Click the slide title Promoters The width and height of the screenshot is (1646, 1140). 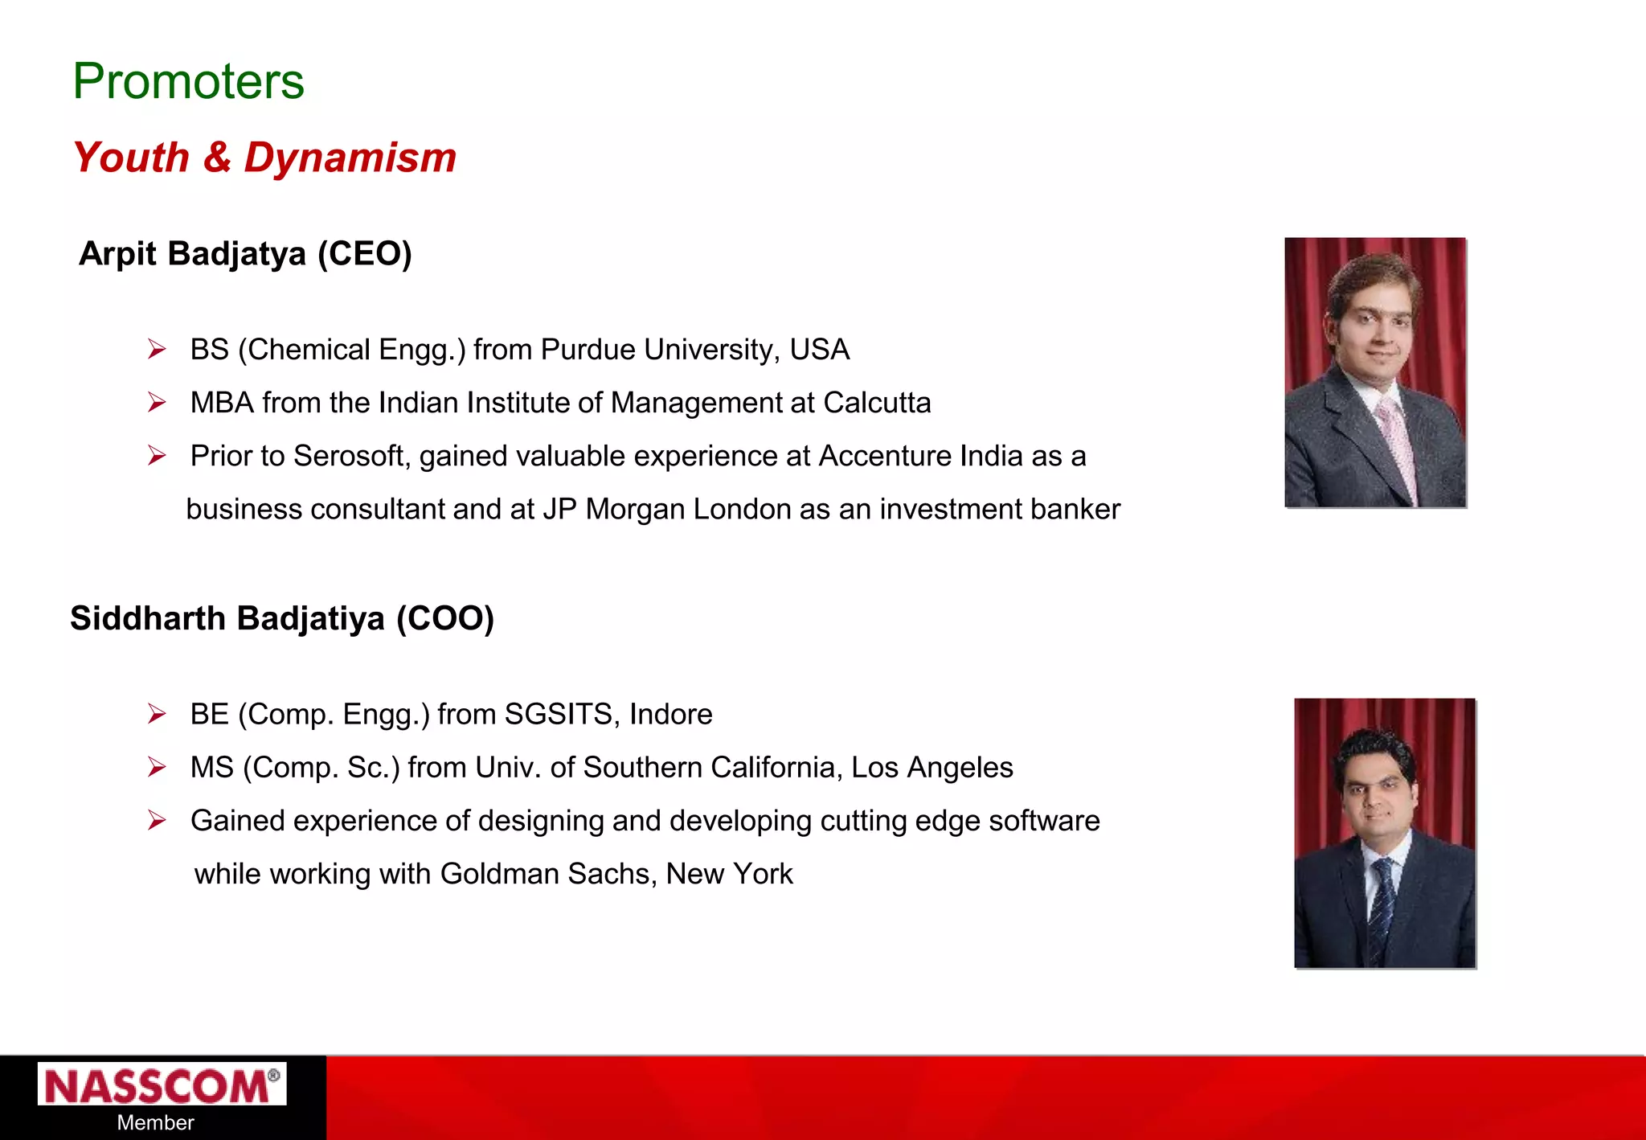pos(188,81)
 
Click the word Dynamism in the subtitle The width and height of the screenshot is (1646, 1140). pos(350,158)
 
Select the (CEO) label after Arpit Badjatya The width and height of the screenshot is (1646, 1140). pos(364,254)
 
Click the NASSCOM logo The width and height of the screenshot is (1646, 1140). pos(161,1085)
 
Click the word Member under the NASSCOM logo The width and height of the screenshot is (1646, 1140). pos(155,1123)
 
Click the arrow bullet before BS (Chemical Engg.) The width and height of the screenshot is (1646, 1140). pos(157,350)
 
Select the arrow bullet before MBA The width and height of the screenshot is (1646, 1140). pos(157,403)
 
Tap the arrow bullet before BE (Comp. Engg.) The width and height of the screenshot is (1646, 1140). pos(157,714)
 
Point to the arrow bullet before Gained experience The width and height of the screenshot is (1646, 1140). pos(157,821)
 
